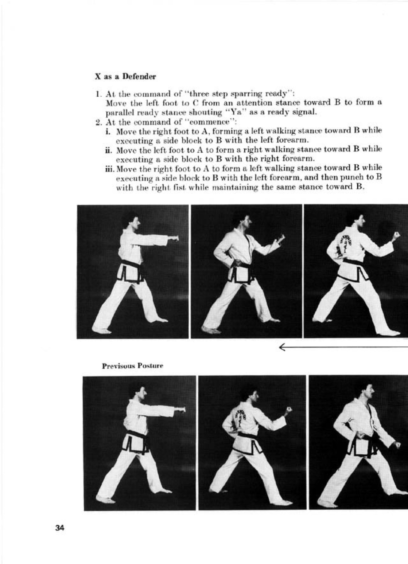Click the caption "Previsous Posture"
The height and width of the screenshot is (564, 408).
pos(132,365)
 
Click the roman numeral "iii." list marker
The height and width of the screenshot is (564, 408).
pos(110,168)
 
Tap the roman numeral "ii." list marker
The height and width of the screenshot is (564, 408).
pos(109,149)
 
